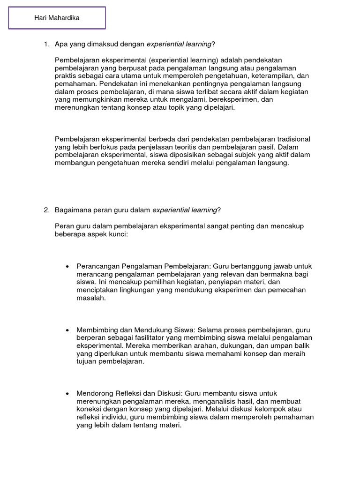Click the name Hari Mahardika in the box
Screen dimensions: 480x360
click(x=57, y=18)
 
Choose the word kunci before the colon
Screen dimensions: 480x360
click(x=116, y=234)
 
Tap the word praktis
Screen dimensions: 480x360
click(x=67, y=76)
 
